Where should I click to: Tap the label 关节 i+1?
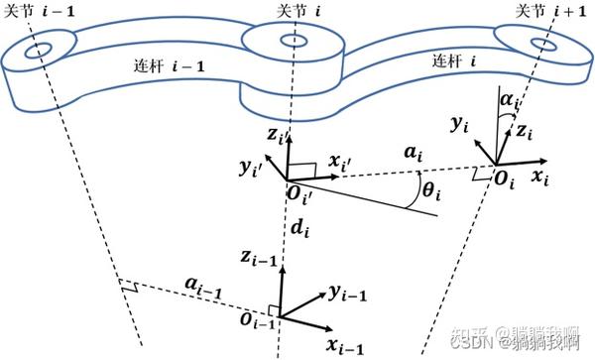click(x=550, y=11)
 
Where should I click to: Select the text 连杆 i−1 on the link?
click(x=164, y=66)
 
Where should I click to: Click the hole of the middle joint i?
click(x=295, y=42)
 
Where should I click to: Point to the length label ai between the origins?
click(x=413, y=155)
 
